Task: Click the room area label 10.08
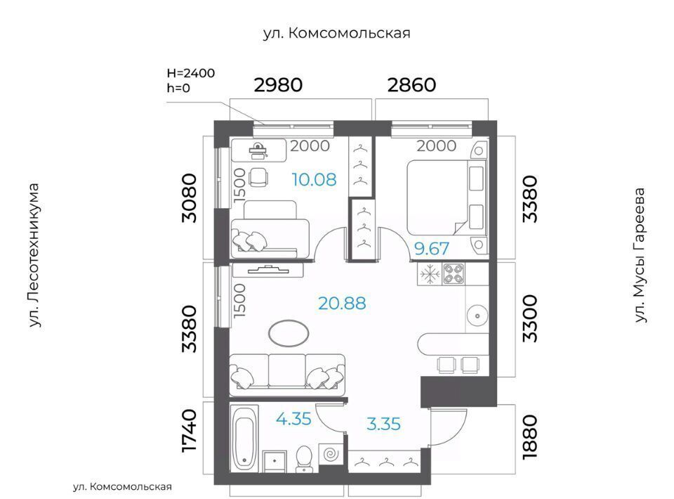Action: (314, 179)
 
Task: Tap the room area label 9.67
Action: (432, 249)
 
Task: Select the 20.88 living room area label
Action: (342, 304)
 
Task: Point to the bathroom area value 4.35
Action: (293, 419)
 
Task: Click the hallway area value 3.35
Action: (383, 424)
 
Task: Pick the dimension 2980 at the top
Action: (278, 85)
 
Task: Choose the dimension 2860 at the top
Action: (412, 85)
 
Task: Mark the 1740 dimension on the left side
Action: (189, 431)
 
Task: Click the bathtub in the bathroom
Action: (244, 438)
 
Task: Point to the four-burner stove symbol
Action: (454, 274)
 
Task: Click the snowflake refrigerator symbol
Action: (430, 274)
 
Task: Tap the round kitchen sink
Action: (477, 316)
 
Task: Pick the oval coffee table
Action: (289, 333)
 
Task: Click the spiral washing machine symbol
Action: (331, 454)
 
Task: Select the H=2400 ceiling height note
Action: (191, 73)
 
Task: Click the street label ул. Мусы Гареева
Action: (640, 255)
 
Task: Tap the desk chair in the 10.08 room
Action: (259, 177)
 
